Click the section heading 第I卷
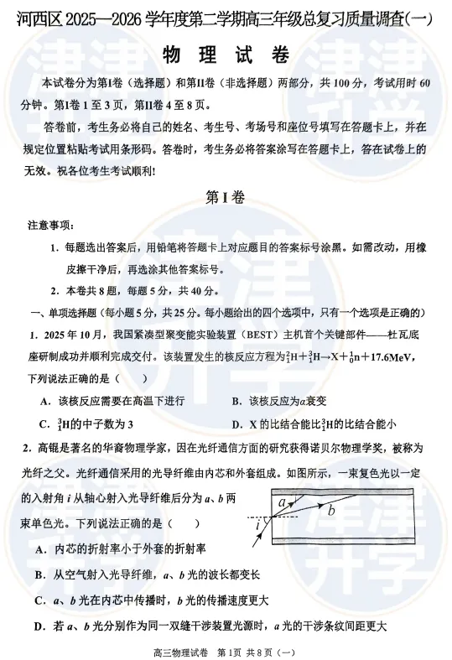click(226, 198)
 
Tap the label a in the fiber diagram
click(283, 502)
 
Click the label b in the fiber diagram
click(330, 509)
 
